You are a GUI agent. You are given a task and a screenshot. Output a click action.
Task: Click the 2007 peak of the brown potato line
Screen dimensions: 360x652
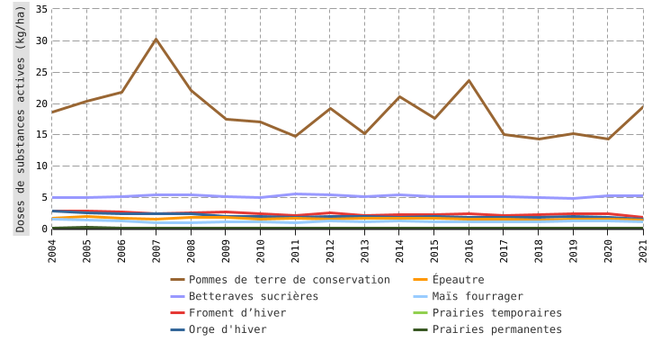[x=156, y=39]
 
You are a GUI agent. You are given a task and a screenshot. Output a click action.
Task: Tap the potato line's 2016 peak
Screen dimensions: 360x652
[x=469, y=81]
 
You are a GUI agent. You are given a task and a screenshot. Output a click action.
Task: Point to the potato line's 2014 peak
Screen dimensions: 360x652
[x=399, y=96]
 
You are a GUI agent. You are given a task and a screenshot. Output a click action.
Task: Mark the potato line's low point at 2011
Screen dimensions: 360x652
[x=295, y=136]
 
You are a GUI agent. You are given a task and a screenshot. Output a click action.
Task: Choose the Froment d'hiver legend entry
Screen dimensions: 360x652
[x=237, y=313]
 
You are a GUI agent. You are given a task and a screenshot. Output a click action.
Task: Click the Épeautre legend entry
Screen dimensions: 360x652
[x=458, y=280]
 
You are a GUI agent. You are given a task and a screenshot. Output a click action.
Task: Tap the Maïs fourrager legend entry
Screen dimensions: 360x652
[x=477, y=296]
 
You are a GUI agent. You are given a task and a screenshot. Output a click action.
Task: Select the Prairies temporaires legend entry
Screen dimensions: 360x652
[x=496, y=313]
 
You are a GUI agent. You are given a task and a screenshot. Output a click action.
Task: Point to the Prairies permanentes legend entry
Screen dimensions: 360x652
[x=496, y=329]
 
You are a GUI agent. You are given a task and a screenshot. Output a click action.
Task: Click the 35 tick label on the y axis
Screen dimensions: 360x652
[x=41, y=9]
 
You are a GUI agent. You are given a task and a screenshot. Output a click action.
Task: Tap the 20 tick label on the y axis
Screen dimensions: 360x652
[x=41, y=103]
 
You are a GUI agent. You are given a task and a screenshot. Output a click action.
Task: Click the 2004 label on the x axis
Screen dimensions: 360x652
[x=52, y=248]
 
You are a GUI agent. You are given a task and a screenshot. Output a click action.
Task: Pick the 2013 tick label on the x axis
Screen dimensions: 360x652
[x=365, y=248]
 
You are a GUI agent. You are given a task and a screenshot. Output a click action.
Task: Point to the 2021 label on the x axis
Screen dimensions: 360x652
[x=643, y=248]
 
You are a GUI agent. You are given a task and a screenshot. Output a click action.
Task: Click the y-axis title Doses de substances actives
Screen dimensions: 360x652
[x=21, y=118]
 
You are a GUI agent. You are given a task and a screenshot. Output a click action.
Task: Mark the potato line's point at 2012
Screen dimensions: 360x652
[x=330, y=108]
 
